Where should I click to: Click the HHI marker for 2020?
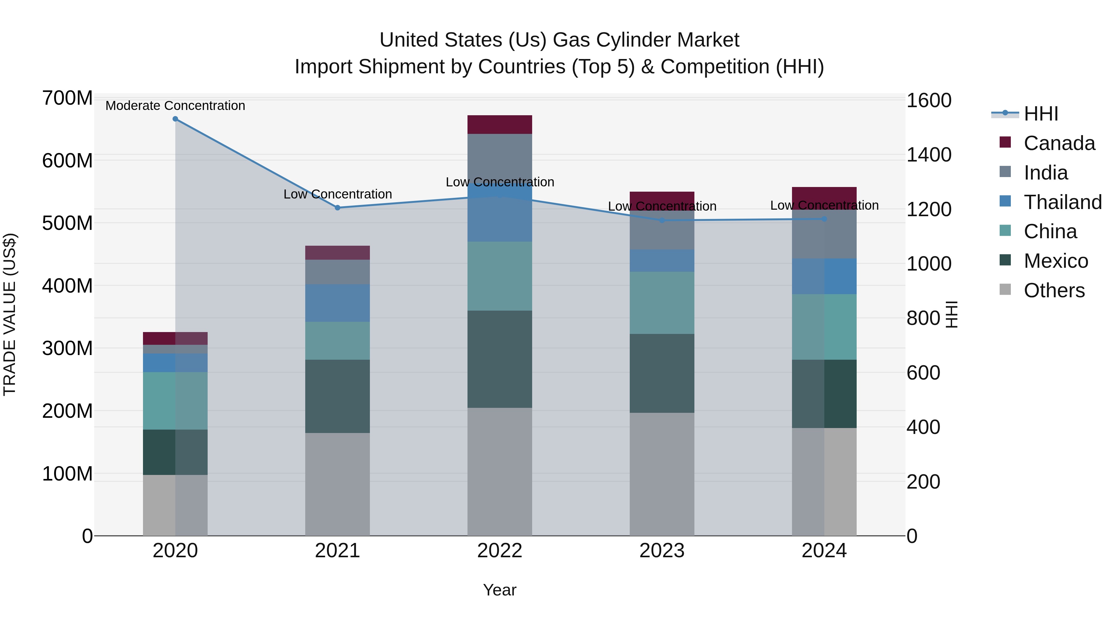[175, 119]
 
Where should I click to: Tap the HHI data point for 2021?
[338, 208]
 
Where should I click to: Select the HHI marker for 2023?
[662, 221]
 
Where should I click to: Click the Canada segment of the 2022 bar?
[500, 125]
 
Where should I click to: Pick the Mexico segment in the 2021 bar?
[338, 396]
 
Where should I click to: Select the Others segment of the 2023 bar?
[662, 474]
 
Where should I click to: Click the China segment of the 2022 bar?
[500, 276]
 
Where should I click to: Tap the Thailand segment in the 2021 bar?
[338, 303]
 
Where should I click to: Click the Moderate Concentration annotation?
[175, 106]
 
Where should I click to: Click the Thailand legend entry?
[1062, 202]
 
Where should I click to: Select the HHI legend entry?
[1040, 114]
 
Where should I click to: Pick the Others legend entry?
[1053, 290]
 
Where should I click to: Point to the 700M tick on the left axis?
[67, 98]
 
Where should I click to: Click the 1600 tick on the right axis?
[929, 101]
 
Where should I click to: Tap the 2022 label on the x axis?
[500, 551]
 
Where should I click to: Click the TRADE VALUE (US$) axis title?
[10, 314]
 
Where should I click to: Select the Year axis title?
[500, 590]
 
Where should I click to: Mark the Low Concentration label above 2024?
[824, 205]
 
